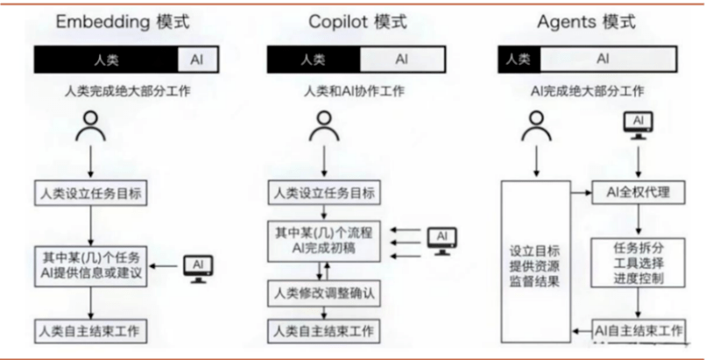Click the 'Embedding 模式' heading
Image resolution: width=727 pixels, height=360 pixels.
pyautogui.click(x=123, y=22)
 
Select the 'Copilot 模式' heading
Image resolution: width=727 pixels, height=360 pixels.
pyautogui.click(x=357, y=22)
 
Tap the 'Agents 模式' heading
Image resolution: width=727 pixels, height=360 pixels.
pyautogui.click(x=587, y=22)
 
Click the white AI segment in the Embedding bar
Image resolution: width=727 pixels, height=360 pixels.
pyautogui.click(x=197, y=60)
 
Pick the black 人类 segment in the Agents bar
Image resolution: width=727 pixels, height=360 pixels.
pyautogui.click(x=519, y=59)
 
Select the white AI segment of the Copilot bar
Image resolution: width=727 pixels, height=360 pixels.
pyautogui.click(x=402, y=60)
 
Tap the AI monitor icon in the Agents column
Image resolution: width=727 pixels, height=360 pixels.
pyautogui.click(x=639, y=125)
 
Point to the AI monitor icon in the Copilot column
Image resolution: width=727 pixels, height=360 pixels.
pyautogui.click(x=441, y=241)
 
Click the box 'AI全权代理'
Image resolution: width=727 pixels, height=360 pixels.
pyautogui.click(x=639, y=192)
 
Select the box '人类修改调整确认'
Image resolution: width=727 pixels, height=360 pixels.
pyautogui.click(x=324, y=293)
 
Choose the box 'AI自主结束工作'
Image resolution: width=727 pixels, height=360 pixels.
pyautogui.click(x=639, y=331)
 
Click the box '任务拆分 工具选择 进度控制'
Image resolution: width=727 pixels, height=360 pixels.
pyautogui.click(x=639, y=263)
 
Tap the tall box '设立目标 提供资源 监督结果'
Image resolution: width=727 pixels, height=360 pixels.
pyautogui.click(x=535, y=262)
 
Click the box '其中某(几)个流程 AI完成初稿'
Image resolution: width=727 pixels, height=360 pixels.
pyautogui.click(x=324, y=241)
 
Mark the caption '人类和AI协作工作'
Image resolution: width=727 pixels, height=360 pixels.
pyautogui.click(x=354, y=91)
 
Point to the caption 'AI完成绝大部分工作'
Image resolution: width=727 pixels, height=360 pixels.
pyautogui.click(x=588, y=91)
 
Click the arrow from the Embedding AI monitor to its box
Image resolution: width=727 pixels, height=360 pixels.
pyautogui.click(x=163, y=265)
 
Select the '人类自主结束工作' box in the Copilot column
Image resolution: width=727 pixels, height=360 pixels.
pyautogui.click(x=324, y=331)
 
